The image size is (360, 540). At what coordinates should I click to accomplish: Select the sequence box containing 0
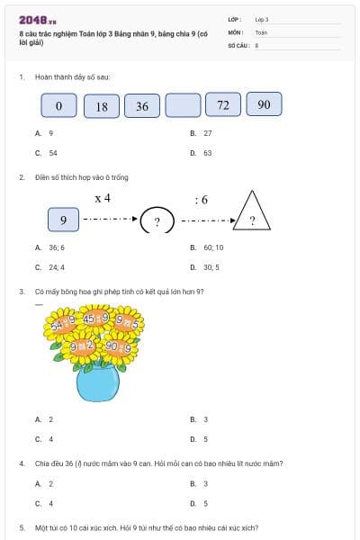pos(59,106)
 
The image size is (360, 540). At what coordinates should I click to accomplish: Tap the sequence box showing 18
pos(101,106)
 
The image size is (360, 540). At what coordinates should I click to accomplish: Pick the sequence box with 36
pos(142,106)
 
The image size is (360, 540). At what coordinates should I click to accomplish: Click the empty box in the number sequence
pos(183,106)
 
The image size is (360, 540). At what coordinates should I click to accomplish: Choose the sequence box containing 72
pos(223,105)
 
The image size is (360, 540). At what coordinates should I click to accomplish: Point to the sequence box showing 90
pos(264,104)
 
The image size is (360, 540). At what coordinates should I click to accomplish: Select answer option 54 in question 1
pos(52,153)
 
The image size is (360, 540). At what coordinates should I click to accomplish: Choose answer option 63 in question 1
pos(207,153)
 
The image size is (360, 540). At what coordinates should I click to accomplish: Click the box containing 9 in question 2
pos(63,220)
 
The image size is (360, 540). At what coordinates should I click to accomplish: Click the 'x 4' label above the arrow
pos(102,197)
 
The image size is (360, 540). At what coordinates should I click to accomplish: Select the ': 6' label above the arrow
pos(201,198)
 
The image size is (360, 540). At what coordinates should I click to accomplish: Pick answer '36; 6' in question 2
pos(56,247)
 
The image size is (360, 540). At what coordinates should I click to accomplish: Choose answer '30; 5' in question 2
pos(212,267)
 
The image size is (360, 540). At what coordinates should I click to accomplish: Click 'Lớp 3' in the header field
pos(262,18)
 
